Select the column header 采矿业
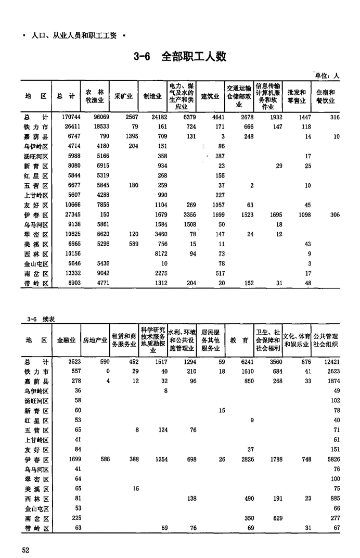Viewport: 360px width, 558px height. pos(123,96)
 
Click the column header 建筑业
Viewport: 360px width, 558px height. pos(210,96)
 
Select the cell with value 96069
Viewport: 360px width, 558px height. pos(99,118)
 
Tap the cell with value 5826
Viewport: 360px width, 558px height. pos(331,460)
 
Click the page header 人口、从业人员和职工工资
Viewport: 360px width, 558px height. pos(73,36)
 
